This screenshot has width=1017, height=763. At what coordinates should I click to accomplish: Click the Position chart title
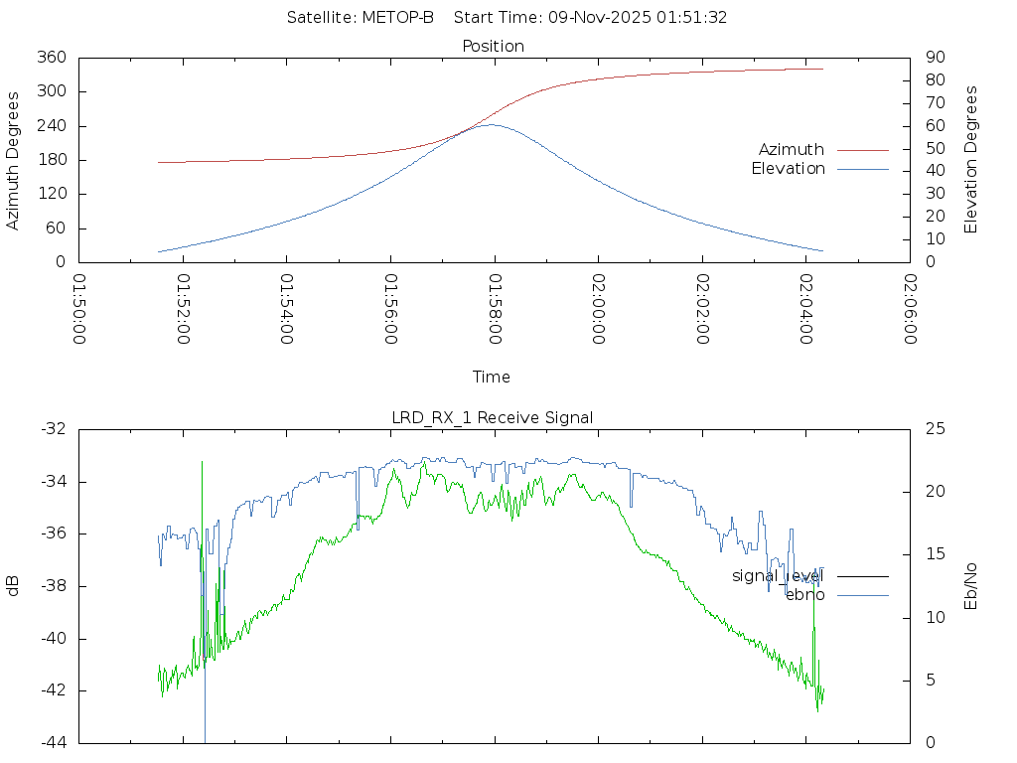[493, 46]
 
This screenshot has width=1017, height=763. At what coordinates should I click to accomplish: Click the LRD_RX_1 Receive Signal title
[493, 417]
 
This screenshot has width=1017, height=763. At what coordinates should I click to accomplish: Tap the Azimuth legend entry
[792, 149]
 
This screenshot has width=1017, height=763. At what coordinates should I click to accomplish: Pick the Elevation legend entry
[788, 169]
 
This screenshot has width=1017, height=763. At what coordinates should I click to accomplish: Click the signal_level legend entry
[778, 575]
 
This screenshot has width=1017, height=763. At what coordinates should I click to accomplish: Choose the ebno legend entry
[804, 595]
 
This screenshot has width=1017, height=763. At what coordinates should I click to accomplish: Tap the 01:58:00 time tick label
[495, 309]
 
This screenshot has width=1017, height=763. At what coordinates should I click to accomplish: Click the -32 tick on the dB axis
[54, 429]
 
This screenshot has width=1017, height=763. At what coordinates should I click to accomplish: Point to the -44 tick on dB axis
[54, 742]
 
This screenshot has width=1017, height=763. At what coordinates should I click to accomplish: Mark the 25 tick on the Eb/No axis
[935, 429]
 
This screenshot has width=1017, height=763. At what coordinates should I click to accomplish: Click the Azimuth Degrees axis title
[14, 160]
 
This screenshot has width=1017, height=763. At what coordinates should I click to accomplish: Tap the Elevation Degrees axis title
[971, 160]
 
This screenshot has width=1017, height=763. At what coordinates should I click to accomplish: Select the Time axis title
[492, 377]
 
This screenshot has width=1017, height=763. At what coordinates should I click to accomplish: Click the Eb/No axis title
[971, 586]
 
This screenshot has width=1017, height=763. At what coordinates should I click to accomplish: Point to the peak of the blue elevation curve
[491, 124]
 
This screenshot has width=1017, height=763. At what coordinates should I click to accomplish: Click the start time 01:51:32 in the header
[697, 18]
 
